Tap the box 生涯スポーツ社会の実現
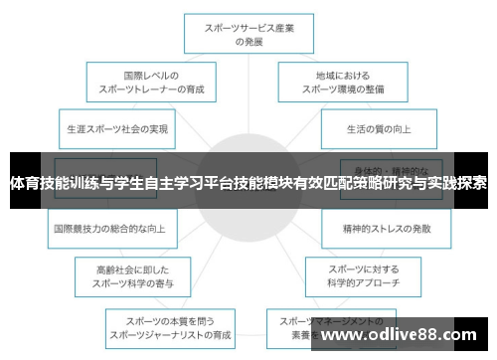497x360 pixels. coord(117,129)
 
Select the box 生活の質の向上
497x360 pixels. coord(378,129)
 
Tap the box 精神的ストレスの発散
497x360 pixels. coord(386,228)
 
